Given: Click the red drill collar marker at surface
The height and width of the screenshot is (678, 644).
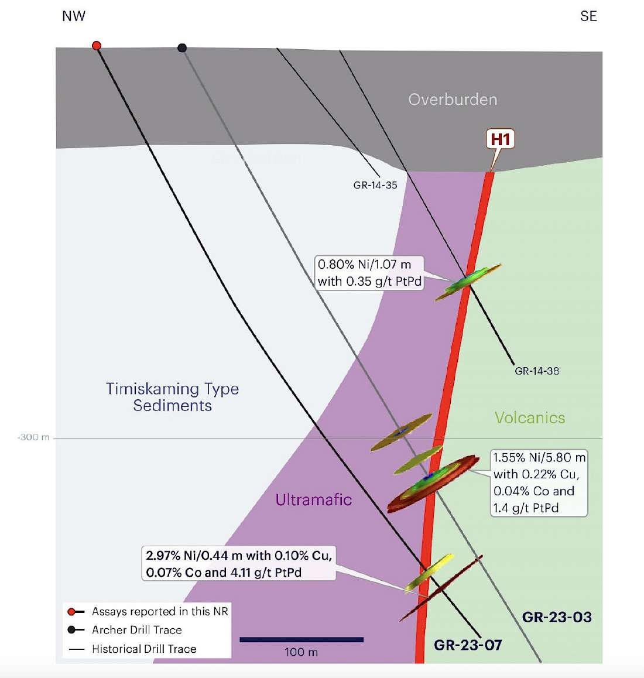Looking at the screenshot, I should point(97,46).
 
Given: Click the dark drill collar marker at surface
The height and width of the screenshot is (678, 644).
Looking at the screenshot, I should point(182,48).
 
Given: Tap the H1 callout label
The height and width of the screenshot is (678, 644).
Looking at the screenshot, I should point(500,139).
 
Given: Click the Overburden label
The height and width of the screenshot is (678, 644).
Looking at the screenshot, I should point(453,100).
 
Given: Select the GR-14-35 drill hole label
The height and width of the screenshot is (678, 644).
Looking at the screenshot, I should point(375,185).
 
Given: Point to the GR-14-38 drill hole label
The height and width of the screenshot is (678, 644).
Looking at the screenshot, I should point(537,371).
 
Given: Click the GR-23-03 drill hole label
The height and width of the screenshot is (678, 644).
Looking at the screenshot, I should point(557,617).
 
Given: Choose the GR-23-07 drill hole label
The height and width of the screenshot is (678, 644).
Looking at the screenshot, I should point(468,645).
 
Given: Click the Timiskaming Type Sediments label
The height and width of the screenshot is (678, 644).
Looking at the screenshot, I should point(172,397).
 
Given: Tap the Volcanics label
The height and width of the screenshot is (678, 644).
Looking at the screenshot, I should point(530,417).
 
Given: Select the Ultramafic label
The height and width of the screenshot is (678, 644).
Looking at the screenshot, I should point(314,499).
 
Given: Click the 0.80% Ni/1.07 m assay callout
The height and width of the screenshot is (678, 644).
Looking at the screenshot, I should point(369,273).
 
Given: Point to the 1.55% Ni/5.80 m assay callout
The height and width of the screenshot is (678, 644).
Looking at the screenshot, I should point(539,482).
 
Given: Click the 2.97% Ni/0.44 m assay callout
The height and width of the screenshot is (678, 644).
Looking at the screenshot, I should point(239,563).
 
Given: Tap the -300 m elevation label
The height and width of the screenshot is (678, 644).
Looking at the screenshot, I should point(34,437).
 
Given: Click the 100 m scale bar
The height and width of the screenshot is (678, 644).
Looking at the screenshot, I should point(302,640).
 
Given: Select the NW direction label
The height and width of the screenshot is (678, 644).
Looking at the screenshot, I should point(74,16).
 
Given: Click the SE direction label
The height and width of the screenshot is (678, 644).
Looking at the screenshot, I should point(588,16).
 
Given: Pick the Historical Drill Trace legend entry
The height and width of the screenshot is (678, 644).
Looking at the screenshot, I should point(144,649).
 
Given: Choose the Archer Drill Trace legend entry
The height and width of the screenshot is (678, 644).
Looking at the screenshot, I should point(136,630).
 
